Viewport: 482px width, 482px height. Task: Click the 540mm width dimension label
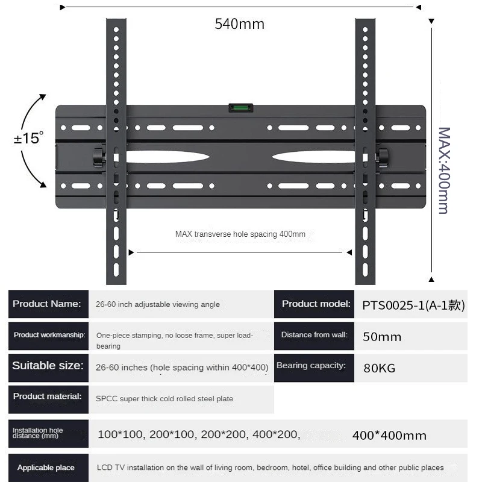pos(239,24)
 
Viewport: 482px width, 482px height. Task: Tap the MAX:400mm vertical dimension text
pos(444,170)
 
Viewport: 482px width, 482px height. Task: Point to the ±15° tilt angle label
pos(28,138)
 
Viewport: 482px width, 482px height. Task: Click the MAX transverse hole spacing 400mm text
pos(240,234)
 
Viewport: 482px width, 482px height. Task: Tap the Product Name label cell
pos(48,304)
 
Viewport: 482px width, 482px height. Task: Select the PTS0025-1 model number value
pos(413,305)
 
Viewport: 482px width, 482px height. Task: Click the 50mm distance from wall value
pos(381,337)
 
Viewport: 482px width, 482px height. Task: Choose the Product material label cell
pos(48,397)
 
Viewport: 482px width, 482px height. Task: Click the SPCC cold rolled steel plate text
pos(164,399)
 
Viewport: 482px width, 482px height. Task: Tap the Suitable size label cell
pos(48,366)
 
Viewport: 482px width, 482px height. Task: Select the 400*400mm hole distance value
pos(389,435)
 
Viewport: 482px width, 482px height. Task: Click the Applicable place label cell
pos(47,468)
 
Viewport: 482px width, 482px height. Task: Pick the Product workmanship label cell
pos(48,335)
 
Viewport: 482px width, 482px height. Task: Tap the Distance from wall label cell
pos(313,335)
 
